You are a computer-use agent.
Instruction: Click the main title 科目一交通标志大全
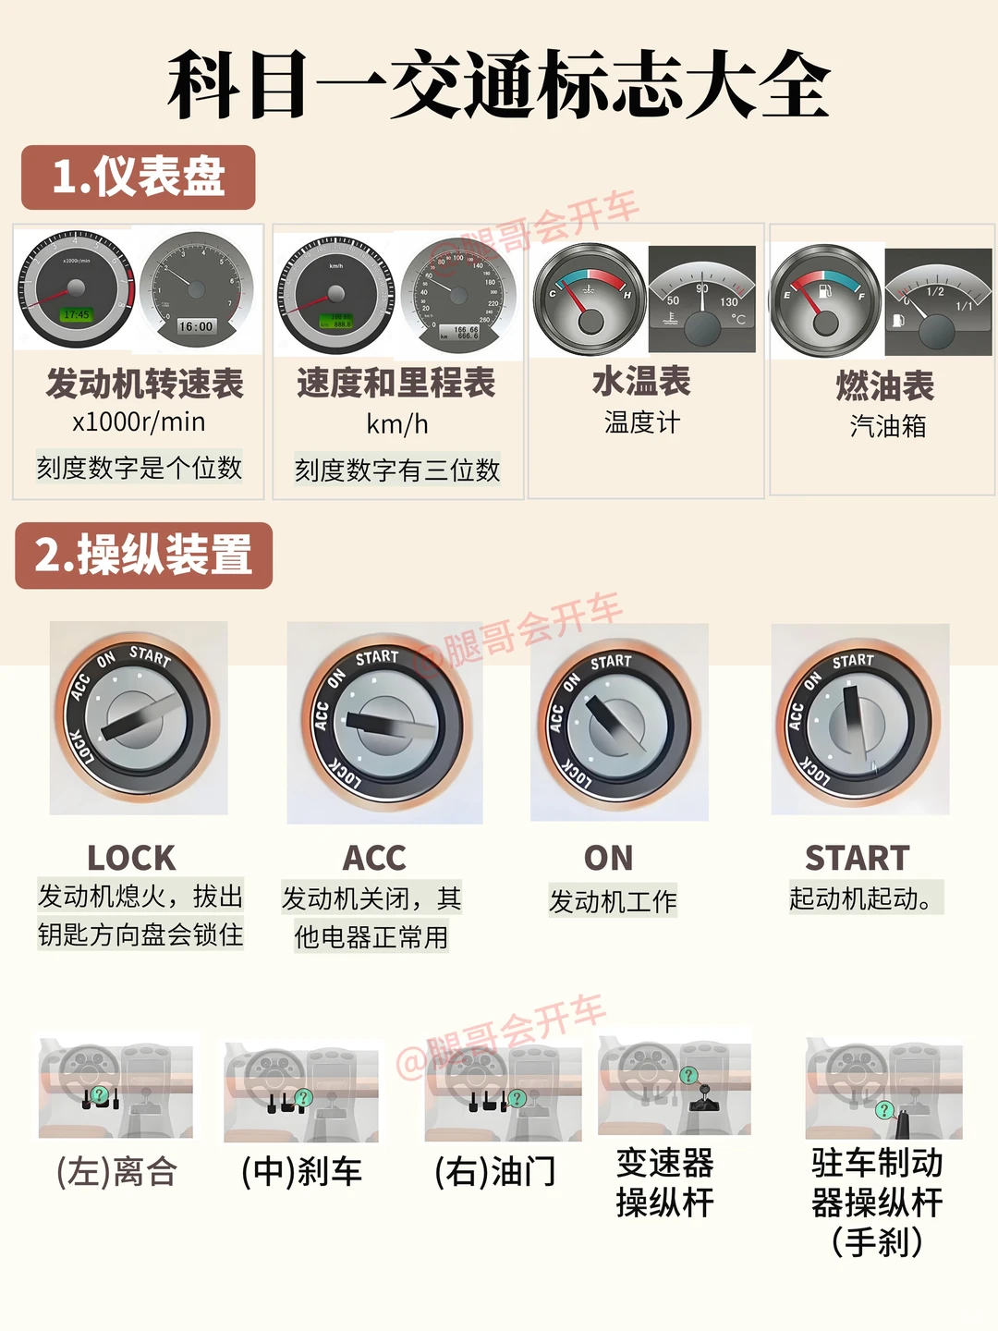499,85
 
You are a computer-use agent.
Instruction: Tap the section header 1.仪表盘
139,177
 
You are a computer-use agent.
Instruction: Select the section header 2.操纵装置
144,556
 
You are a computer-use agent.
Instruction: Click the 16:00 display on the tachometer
196,326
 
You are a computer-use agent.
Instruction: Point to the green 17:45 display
77,315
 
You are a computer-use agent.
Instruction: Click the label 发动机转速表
144,384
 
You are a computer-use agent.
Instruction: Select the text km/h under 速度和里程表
397,424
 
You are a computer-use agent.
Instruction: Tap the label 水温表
642,382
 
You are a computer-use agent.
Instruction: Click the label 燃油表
885,385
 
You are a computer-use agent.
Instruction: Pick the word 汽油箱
887,426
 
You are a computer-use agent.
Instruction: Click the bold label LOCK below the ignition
131,858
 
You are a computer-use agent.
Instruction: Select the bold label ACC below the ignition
374,858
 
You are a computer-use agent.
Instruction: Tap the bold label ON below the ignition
609,858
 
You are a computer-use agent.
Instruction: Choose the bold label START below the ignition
858,858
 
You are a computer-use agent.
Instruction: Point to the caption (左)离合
116,1172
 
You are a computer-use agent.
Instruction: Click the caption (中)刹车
301,1172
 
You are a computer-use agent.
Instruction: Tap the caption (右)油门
496,1172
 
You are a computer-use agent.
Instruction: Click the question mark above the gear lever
688,1075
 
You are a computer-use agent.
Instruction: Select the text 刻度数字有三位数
397,470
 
